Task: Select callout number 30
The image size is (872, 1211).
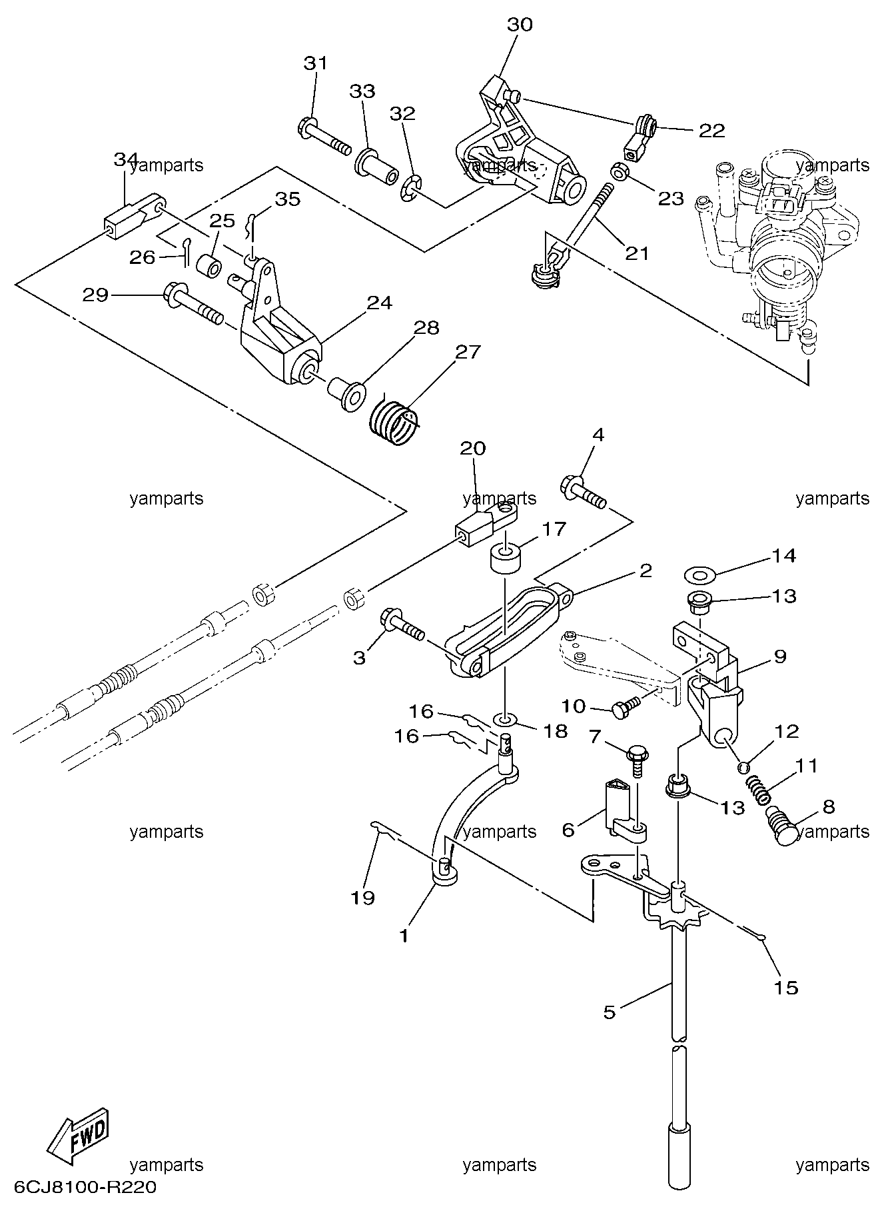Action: (520, 25)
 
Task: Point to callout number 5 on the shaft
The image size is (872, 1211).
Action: (609, 1012)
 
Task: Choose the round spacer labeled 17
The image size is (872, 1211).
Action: (506, 557)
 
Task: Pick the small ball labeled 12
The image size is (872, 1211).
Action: (743, 767)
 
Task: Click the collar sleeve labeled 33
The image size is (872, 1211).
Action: (377, 168)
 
